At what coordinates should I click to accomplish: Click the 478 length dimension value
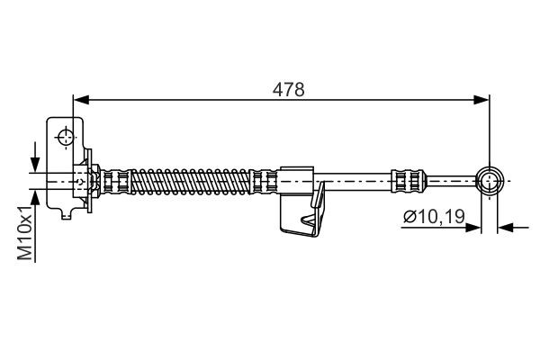[x=290, y=90]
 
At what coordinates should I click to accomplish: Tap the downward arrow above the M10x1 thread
[x=35, y=165]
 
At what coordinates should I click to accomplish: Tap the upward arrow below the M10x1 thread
[x=35, y=197]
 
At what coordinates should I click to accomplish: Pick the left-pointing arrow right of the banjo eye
[x=506, y=228]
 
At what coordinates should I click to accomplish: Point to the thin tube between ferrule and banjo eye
[x=450, y=181]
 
